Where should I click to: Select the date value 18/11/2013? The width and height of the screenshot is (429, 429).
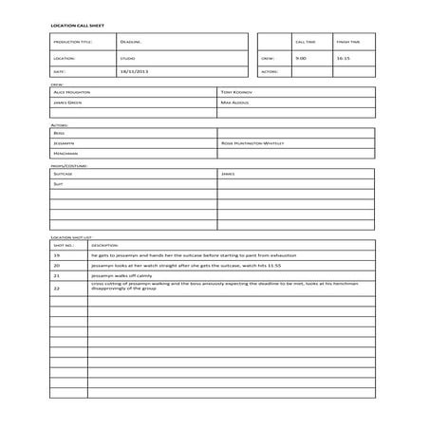click(134, 71)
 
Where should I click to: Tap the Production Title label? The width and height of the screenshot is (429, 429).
click(74, 42)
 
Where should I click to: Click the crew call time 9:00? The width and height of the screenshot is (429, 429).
click(301, 57)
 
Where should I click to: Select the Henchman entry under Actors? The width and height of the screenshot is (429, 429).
click(66, 153)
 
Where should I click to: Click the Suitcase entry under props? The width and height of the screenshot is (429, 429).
click(64, 174)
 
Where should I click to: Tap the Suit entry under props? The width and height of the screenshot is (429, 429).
click(58, 184)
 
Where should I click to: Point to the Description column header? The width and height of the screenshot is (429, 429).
click(104, 245)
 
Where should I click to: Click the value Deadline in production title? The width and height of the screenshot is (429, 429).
click(131, 42)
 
